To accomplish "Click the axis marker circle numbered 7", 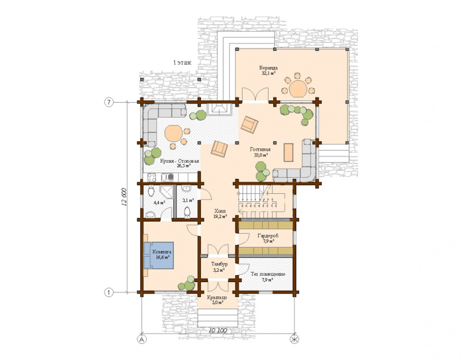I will pyautogui.click(x=108, y=102).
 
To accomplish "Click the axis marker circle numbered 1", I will pyautogui.click(x=108, y=292).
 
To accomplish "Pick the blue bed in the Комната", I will pyautogui.click(x=158, y=255).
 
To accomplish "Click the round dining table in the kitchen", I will pyautogui.click(x=175, y=133).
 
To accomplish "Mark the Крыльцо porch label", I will pyautogui.click(x=216, y=300).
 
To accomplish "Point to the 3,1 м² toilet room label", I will pyautogui.click(x=187, y=200).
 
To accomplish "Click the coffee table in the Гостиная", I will pyautogui.click(x=288, y=152).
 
